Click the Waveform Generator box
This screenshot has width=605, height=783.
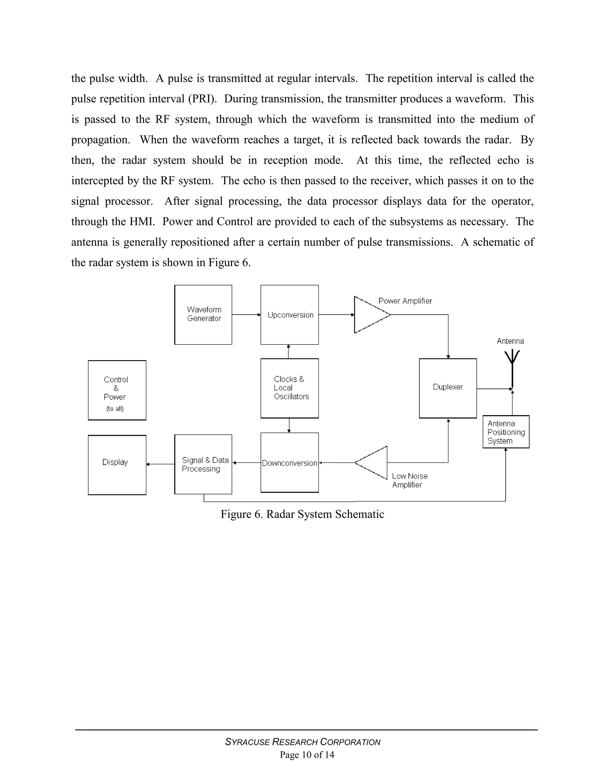203,314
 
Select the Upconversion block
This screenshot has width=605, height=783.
290,314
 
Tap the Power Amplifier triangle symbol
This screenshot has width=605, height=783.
370,314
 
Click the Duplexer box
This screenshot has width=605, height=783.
448,388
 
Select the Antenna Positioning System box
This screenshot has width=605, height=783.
506,432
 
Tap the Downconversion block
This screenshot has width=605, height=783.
290,462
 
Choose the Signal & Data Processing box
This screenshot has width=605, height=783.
203,464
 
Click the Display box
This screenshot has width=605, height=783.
117,465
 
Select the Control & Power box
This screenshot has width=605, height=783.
117,390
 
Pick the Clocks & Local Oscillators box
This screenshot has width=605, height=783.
290,388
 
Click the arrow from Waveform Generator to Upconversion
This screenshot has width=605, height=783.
246,314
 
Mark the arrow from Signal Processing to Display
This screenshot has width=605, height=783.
160,464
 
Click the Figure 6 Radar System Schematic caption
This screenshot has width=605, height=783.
302,514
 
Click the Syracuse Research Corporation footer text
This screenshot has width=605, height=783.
302,742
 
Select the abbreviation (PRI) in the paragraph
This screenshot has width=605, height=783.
202,99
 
